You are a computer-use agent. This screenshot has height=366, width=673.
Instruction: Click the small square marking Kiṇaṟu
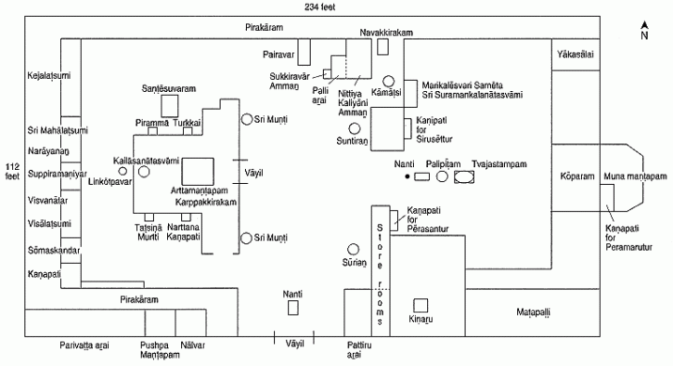point(421,305)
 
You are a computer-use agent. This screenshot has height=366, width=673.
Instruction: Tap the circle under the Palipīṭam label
point(441,175)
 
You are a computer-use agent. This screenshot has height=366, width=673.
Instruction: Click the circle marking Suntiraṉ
point(354,128)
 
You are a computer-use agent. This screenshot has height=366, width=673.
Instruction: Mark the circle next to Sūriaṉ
point(354,249)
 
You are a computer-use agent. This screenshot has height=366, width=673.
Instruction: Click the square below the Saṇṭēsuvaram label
point(169,104)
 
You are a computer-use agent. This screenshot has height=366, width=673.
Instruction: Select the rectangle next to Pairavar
point(303,53)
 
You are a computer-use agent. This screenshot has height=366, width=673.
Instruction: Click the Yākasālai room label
point(576,53)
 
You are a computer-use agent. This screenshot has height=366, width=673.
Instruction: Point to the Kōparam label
point(574,174)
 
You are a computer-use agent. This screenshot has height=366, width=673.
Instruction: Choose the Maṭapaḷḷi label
point(542,311)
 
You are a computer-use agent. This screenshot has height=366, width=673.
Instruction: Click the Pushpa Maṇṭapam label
point(157,350)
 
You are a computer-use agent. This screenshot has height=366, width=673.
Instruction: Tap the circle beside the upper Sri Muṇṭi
point(246,119)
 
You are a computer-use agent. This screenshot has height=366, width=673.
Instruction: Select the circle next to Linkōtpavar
point(122,172)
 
